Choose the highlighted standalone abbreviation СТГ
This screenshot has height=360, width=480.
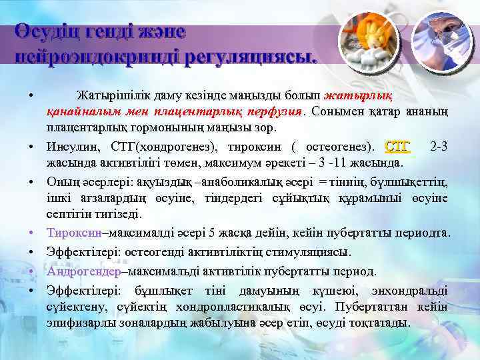[398, 145]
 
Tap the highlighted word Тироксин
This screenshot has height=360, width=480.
[73, 233]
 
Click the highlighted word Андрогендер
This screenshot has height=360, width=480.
[83, 271]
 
